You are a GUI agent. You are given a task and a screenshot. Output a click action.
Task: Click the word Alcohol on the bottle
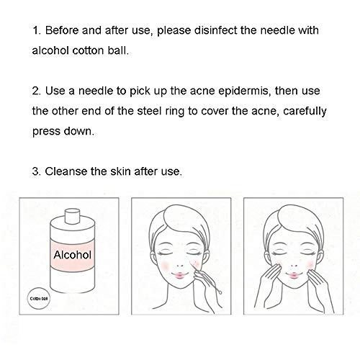[73, 255]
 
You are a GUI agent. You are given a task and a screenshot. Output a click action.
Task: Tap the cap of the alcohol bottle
[73, 216]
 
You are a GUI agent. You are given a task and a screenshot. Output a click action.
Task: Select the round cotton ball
[39, 299]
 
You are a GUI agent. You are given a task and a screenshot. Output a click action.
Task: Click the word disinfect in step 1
[215, 30]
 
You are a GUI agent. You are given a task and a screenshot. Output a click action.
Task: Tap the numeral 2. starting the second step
[37, 91]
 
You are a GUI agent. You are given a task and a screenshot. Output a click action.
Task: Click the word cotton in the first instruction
[88, 51]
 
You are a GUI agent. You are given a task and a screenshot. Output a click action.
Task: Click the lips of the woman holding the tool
[179, 275]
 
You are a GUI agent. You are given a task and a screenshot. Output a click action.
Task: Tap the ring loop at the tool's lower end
[220, 292]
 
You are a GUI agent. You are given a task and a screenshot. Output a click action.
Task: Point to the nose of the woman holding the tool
[179, 265]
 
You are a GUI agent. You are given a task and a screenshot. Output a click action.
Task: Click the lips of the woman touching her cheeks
[293, 275]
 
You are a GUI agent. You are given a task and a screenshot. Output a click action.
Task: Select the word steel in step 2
[149, 112]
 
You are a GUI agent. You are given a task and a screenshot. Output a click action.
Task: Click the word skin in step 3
[120, 171]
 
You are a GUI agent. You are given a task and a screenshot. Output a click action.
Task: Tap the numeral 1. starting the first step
[37, 31]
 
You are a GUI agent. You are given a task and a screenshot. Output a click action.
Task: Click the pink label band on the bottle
[73, 256]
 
